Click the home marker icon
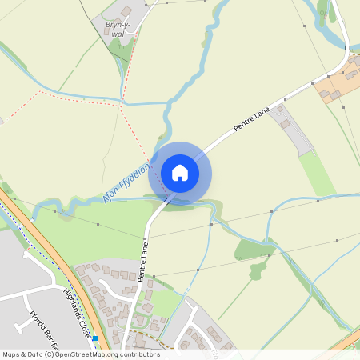(180, 173)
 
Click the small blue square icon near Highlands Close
(94, 338)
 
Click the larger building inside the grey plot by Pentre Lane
(284, 123)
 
